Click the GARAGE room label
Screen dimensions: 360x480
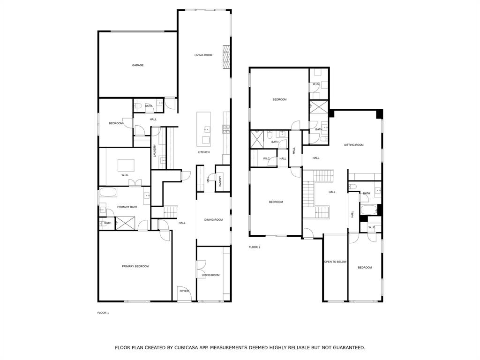click(x=137, y=65)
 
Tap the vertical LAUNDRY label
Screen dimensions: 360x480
click(x=154, y=150)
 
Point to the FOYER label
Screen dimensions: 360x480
click(x=184, y=291)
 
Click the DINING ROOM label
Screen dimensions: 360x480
click(x=213, y=219)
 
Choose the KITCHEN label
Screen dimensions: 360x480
click(x=203, y=152)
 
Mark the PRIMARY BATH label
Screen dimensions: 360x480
click(x=127, y=207)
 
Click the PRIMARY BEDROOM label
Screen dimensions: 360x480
click(x=135, y=266)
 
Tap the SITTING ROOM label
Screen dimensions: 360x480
click(x=353, y=145)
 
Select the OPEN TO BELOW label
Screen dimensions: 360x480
click(x=335, y=262)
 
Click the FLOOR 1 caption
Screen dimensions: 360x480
click(x=103, y=313)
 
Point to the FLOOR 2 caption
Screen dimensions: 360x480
click(x=254, y=247)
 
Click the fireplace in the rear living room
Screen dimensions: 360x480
click(x=227, y=55)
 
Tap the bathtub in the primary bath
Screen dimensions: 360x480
click(x=109, y=192)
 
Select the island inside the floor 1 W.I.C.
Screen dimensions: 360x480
click(x=125, y=165)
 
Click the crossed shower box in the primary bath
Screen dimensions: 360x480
click(x=126, y=223)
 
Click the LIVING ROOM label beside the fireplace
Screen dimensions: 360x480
click(x=203, y=55)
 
